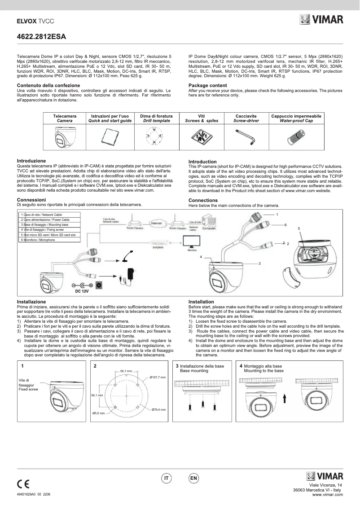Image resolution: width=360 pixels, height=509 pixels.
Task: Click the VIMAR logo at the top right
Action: (322, 20)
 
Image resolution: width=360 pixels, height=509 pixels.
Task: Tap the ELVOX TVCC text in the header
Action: (35, 21)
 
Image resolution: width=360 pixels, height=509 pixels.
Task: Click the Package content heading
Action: (207, 85)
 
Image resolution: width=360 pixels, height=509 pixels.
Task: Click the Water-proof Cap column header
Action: (296, 118)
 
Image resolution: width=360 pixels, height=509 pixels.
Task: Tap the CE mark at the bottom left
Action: (23, 484)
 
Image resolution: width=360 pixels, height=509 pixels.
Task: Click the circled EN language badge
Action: (194, 478)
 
